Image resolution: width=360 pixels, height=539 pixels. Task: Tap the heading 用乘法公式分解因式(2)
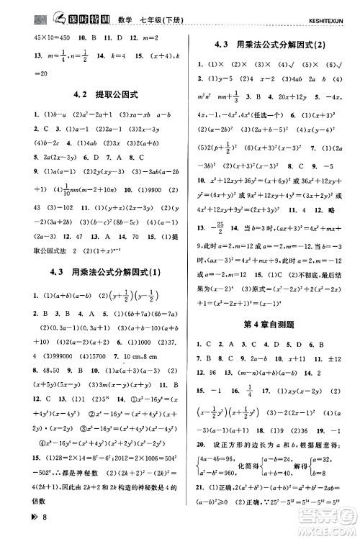pyautogui.click(x=271, y=45)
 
